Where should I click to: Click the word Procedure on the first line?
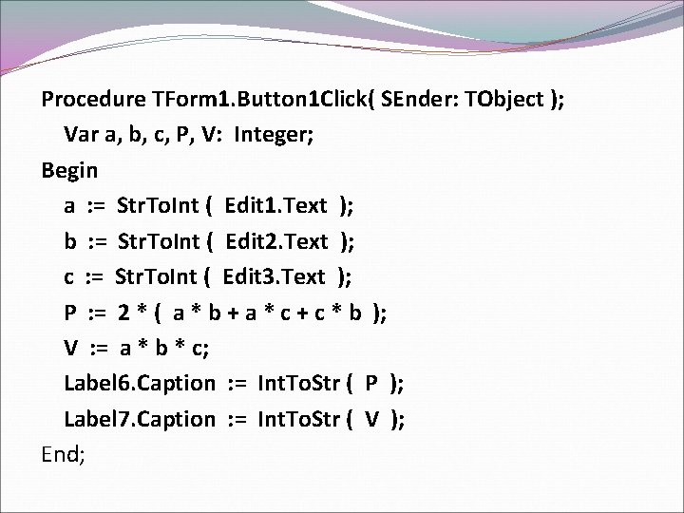click(x=93, y=100)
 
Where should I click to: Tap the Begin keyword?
click(x=69, y=170)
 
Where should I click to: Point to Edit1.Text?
click(x=276, y=205)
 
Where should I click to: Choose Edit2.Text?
click(x=276, y=241)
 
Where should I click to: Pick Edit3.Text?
click(x=275, y=276)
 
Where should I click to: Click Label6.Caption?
click(x=140, y=383)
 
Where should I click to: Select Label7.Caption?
click(x=140, y=418)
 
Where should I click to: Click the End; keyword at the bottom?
click(x=64, y=454)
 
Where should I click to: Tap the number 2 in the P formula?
click(x=123, y=313)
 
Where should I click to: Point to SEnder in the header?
click(x=424, y=100)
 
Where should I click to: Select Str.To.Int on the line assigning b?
click(x=156, y=241)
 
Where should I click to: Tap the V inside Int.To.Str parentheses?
click(x=371, y=418)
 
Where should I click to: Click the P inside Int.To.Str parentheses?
click(x=370, y=383)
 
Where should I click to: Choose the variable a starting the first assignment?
click(x=70, y=206)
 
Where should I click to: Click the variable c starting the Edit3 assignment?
click(x=69, y=277)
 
